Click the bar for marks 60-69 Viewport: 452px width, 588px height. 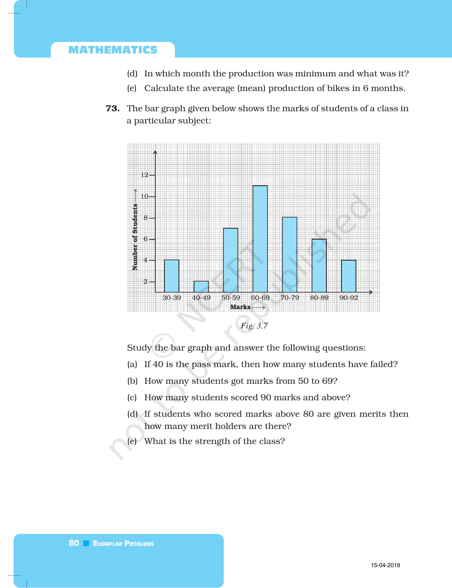pos(260,239)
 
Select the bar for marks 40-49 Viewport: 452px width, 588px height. pos(201,287)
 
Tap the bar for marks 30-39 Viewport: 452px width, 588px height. pos(172,276)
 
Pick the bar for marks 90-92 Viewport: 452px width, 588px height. pos(349,276)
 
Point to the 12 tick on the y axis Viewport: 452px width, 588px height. pos(145,175)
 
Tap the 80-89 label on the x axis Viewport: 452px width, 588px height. pos(319,298)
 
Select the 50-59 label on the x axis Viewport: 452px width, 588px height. pos(231,298)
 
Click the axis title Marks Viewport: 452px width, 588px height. pos(240,307)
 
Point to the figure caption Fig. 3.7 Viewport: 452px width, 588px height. pos(254,326)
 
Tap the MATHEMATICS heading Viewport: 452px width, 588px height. pos(113,50)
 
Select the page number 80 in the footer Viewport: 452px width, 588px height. pos(74,543)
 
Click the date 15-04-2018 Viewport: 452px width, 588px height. pos(385,565)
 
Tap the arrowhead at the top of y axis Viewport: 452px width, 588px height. pos(155,152)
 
